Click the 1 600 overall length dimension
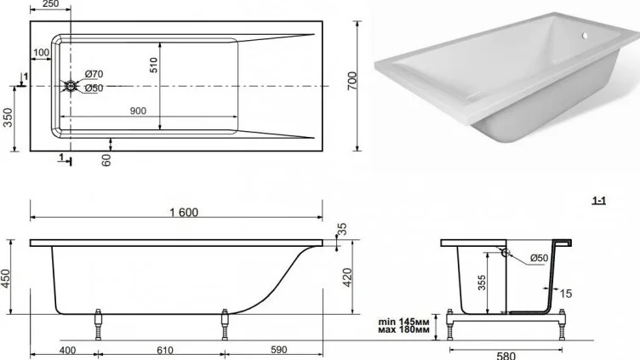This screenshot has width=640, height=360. point(184,212)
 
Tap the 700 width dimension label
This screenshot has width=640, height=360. point(351,81)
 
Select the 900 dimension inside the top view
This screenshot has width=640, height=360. point(138,111)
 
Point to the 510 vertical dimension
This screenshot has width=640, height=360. point(153,66)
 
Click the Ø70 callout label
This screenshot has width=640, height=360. point(94,74)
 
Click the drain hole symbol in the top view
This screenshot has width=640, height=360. point(71,86)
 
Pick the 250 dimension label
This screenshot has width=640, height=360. point(50,4)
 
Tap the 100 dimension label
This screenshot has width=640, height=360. point(41,53)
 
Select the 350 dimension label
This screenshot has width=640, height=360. point(8,117)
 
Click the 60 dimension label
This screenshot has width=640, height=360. point(106,160)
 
